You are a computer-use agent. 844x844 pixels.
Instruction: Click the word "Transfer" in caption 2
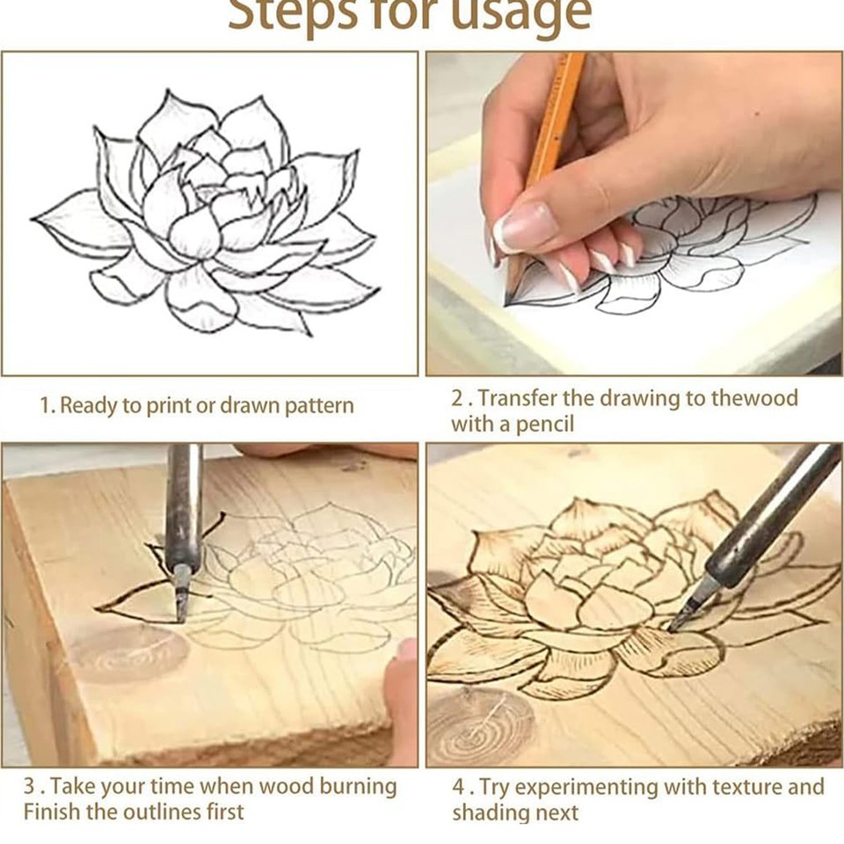click(x=517, y=399)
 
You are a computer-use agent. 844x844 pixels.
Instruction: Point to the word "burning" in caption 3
click(x=358, y=787)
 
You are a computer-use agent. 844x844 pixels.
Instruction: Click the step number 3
click(x=30, y=787)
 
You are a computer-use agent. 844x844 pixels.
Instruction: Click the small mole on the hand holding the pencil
click(x=759, y=114)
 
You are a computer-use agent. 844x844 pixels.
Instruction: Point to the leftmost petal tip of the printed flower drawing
click(x=33, y=219)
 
